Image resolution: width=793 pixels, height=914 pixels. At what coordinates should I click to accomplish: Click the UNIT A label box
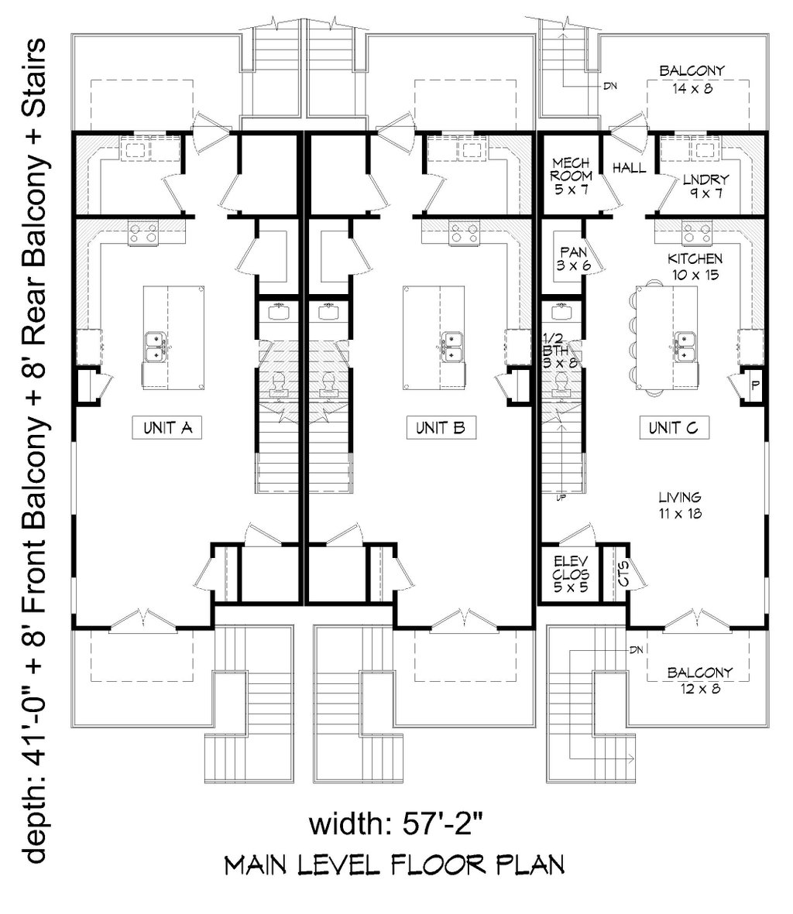point(167,428)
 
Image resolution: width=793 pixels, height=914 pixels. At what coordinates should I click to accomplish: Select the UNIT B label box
point(441,428)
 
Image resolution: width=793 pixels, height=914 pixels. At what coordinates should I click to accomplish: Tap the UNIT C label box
point(674,428)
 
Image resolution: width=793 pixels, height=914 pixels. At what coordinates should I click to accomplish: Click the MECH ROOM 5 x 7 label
point(572,176)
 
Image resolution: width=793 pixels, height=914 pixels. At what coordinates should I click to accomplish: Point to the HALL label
point(629,169)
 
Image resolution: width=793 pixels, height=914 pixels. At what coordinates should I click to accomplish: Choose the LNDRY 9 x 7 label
point(706,186)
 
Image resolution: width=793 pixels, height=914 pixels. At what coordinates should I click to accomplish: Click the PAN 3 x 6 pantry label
point(573,258)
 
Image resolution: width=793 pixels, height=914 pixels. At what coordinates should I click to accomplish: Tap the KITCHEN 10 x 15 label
point(695,266)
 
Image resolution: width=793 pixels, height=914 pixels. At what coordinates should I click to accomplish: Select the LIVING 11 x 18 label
point(680,505)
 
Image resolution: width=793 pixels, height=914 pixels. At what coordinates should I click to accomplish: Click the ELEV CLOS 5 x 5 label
point(571,574)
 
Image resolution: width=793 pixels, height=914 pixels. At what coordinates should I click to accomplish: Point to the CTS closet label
point(623,573)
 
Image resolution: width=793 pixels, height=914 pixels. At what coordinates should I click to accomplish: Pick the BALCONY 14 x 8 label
point(692,79)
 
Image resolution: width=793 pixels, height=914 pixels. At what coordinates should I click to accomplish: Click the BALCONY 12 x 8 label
point(700,680)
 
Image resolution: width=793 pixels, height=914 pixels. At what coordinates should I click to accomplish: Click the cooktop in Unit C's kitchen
point(698,233)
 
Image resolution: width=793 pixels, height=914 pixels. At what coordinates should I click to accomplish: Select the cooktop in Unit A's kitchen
point(142,233)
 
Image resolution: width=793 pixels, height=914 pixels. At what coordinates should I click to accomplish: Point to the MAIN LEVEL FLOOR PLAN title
point(395,864)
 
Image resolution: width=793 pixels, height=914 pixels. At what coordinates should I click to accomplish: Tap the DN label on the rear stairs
point(610,86)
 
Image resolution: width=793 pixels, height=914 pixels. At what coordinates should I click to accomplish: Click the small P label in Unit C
point(755,385)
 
